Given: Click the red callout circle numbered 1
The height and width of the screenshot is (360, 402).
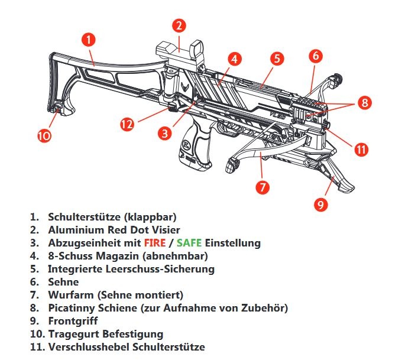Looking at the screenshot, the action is [89, 41].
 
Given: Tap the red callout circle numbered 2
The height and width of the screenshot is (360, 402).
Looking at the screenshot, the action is [179, 25].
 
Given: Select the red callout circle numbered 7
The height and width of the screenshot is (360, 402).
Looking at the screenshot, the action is [262, 187].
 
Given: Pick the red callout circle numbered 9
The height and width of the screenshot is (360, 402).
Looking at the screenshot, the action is [321, 205].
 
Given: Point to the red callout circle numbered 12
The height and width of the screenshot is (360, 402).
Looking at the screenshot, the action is [128, 124].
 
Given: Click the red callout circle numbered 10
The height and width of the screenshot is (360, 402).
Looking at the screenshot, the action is [44, 135].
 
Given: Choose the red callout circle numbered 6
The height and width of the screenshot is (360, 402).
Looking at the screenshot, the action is [316, 56].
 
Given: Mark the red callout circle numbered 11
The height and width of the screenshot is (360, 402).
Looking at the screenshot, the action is [361, 149].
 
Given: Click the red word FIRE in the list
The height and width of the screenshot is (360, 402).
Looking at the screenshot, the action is [155, 242].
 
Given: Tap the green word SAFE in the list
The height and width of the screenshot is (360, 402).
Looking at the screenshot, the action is [189, 242].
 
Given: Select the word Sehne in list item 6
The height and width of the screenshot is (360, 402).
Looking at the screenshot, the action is [63, 282].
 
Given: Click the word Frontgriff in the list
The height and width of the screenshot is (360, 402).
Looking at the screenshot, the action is [73, 321].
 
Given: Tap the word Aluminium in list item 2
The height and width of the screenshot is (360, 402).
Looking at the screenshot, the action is [76, 230].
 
